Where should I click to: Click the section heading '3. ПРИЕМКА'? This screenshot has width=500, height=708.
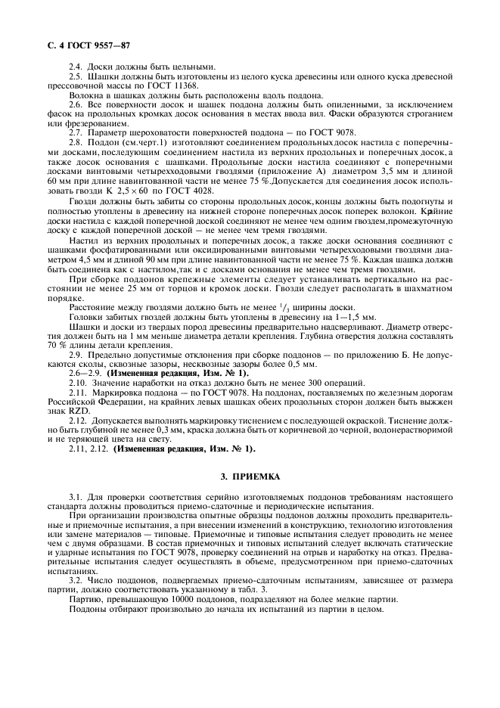(250, 477)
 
